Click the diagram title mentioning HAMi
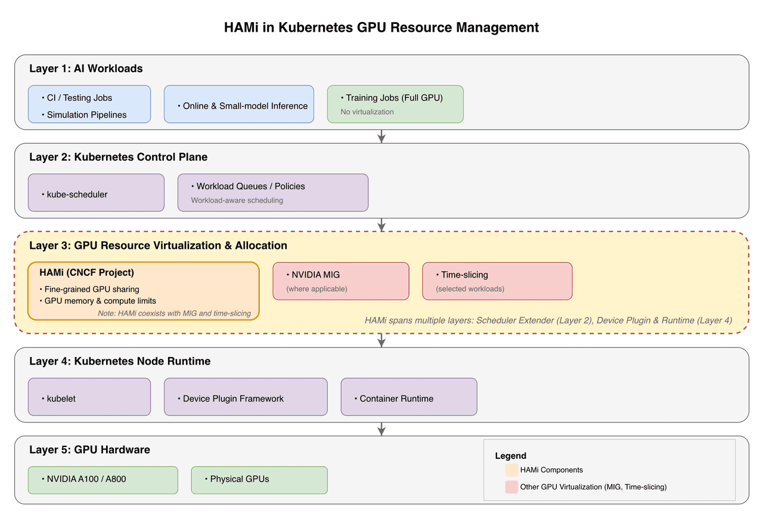point(381,27)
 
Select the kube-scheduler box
point(96,193)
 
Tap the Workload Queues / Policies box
point(272,193)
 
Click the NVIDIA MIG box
point(341,281)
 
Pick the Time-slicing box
point(497,281)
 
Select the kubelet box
point(89,397)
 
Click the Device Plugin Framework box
point(246,397)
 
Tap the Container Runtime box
point(409,397)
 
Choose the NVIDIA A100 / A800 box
point(103,480)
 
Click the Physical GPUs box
point(259,480)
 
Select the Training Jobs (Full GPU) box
point(395,104)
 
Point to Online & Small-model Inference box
point(239,104)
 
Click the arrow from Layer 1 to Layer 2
point(381,137)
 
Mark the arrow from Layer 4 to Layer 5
point(381,429)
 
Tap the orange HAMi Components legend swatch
point(511,470)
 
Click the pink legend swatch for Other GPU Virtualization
point(511,487)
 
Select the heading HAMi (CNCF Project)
point(86,273)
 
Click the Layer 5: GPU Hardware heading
point(89,449)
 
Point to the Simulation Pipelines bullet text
point(86,115)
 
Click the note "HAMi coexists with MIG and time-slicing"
point(174,313)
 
